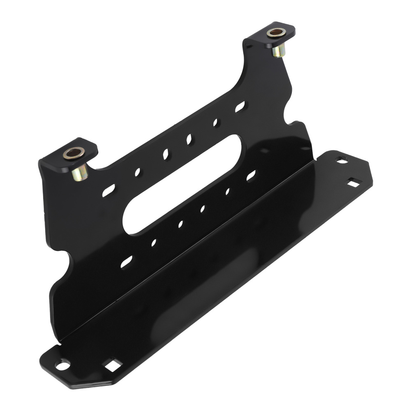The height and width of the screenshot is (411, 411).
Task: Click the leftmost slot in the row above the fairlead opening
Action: pos(109,189)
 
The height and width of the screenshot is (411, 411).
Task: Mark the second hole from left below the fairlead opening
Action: pos(154,242)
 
